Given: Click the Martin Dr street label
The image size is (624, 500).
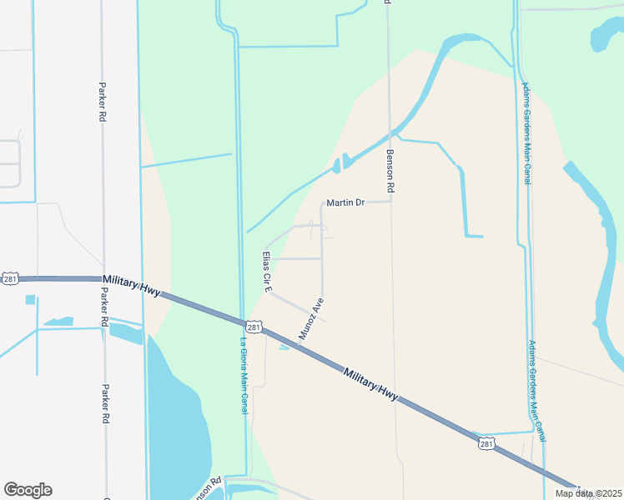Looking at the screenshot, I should click(x=345, y=202).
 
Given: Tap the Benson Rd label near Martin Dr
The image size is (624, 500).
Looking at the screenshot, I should click(x=390, y=172).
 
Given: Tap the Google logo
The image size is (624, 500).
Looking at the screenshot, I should click(x=28, y=490).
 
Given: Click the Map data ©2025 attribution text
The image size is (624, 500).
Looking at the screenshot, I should click(x=587, y=493).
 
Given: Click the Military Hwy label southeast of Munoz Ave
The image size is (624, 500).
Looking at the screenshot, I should click(x=370, y=385).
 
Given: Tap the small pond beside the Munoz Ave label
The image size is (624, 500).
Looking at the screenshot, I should click(x=285, y=347).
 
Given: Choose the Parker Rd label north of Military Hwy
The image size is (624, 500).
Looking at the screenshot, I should click(x=102, y=102).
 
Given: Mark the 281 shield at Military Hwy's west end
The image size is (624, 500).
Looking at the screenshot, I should click(x=10, y=279).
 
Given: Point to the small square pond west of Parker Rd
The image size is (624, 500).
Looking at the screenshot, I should click(x=31, y=299).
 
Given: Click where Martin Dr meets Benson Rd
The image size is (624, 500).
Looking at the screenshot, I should click(x=390, y=201).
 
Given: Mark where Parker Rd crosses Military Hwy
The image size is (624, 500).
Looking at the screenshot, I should click(x=103, y=279).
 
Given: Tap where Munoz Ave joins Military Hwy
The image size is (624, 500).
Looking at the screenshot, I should click(x=298, y=343).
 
